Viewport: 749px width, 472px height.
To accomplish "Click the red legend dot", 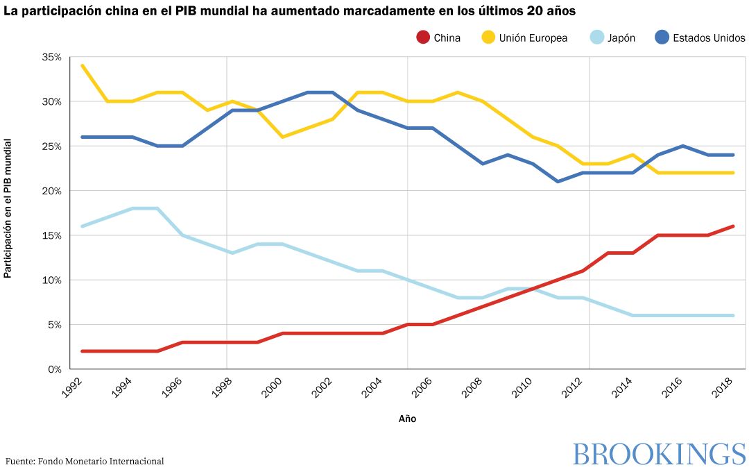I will click(x=423, y=37).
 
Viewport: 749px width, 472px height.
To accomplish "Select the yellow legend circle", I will click(x=488, y=37).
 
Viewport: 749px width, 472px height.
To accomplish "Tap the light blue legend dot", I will click(x=596, y=37).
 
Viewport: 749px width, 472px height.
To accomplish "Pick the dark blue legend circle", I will click(x=662, y=37).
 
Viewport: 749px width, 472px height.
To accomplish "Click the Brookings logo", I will click(x=659, y=455).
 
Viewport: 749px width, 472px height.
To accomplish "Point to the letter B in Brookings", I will click(x=580, y=455).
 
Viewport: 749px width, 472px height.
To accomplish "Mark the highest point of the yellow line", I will click(x=83, y=66).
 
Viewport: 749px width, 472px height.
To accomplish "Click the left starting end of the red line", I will click(x=83, y=351).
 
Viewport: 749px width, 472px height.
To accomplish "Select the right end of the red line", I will click(x=734, y=226).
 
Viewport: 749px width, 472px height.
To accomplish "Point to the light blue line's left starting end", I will click(x=83, y=226).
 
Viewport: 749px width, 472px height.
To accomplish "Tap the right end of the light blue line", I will click(x=734, y=315).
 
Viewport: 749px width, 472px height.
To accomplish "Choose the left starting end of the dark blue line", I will click(x=83, y=137).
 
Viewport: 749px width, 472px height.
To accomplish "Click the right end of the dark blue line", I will click(x=734, y=155).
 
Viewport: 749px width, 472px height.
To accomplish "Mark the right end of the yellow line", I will click(x=734, y=173).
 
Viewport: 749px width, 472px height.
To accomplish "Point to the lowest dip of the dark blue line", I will click(x=558, y=182).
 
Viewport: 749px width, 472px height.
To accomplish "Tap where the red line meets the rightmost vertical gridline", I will click(x=589, y=267).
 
